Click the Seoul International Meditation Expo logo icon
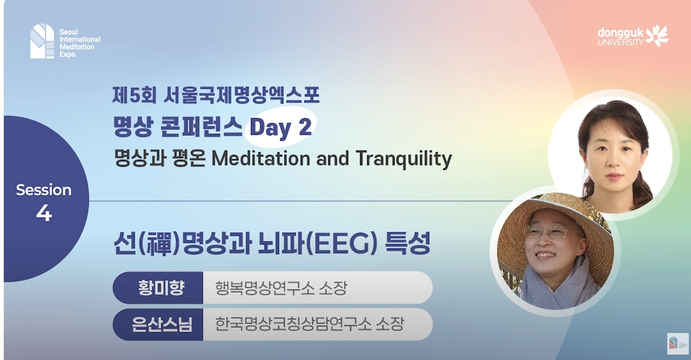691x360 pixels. [42, 41]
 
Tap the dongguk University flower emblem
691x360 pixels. [658, 35]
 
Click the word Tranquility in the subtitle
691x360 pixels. [404, 158]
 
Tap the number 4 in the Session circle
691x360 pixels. [44, 214]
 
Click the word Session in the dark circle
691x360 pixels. [44, 190]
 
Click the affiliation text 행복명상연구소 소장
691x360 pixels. [280, 288]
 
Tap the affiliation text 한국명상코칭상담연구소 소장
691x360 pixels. [310, 324]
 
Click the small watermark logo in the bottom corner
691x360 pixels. [677, 343]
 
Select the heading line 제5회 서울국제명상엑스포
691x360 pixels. [216, 96]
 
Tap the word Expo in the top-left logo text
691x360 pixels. [68, 55]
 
